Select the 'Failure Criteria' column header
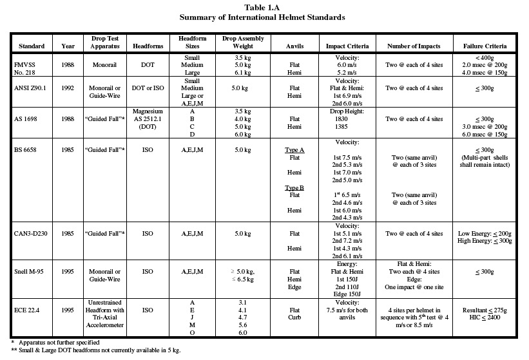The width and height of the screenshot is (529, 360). [489, 47]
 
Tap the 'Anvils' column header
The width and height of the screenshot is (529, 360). [296, 47]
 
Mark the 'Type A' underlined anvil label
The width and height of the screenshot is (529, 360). [296, 149]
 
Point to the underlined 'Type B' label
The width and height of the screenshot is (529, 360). [296, 188]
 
